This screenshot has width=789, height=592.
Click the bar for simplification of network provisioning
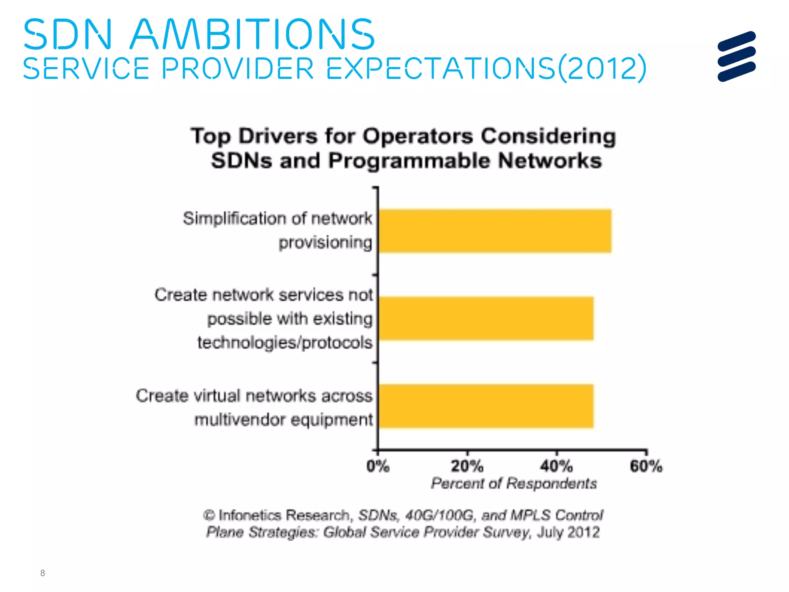[x=495, y=231]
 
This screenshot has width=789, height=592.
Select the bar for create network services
[x=486, y=318]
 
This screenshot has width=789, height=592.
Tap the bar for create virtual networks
[x=486, y=406]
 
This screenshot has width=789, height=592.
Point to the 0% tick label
[x=378, y=466]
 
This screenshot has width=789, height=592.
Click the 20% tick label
[x=467, y=466]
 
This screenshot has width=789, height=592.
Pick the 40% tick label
[x=556, y=466]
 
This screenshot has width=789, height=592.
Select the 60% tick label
[x=646, y=466]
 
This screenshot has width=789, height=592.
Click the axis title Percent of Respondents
[x=514, y=483]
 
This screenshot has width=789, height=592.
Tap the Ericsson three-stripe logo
[x=737, y=56]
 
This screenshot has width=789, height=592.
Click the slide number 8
[x=42, y=573]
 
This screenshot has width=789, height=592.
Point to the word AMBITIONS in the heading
[x=252, y=35]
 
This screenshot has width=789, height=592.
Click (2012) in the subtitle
[x=602, y=68]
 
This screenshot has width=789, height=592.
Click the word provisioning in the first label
[x=326, y=243]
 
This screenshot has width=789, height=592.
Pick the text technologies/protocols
[x=285, y=343]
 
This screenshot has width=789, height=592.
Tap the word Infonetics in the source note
[x=250, y=515]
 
